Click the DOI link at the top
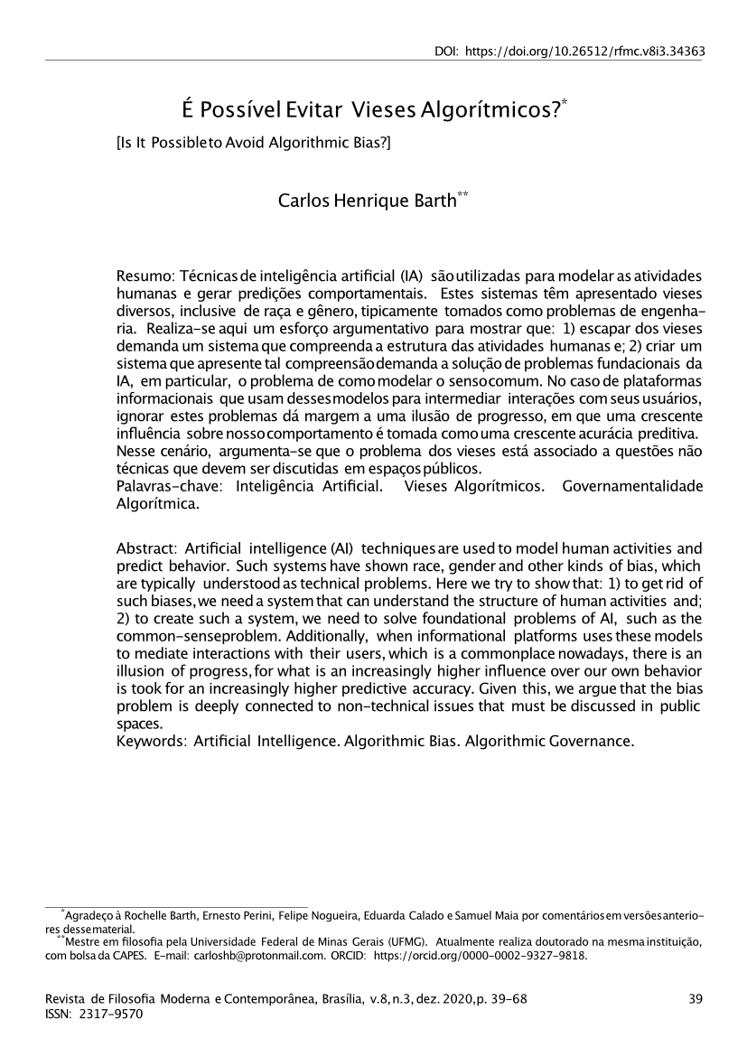click(585, 51)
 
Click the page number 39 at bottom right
click(695, 997)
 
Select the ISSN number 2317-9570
click(112, 1014)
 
